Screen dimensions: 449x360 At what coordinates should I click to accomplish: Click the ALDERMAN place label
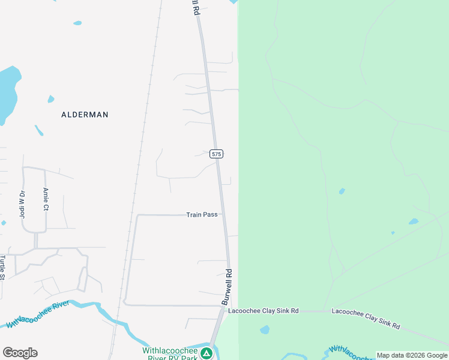tap(85, 114)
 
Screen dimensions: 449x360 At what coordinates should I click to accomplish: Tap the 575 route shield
tap(217, 154)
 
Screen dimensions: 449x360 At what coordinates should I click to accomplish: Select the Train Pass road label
tap(202, 214)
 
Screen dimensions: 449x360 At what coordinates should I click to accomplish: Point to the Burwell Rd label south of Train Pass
tap(228, 287)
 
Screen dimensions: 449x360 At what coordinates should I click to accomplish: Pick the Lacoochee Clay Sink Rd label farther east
tap(366, 317)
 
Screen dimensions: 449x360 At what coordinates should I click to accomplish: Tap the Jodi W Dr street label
tap(22, 204)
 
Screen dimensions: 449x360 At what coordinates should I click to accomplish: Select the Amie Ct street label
tap(45, 199)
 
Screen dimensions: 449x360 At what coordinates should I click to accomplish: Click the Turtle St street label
tap(2, 267)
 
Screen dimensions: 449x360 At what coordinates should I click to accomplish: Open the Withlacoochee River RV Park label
tap(170, 353)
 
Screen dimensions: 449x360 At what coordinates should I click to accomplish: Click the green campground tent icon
tap(206, 353)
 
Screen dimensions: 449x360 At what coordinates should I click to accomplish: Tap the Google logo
tap(20, 353)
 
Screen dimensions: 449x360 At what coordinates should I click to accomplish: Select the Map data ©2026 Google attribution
tap(412, 355)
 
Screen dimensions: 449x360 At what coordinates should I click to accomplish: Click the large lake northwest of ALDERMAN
tap(7, 93)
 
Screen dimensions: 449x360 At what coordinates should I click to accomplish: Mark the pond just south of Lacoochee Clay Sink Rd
tap(265, 329)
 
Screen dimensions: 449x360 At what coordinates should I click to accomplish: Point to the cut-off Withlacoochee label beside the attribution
tap(352, 353)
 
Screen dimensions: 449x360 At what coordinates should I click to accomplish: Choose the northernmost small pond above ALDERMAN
tap(77, 23)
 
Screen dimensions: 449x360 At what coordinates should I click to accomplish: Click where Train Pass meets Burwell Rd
tap(224, 214)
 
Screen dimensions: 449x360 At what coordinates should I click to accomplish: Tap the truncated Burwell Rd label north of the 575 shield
tap(195, 8)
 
